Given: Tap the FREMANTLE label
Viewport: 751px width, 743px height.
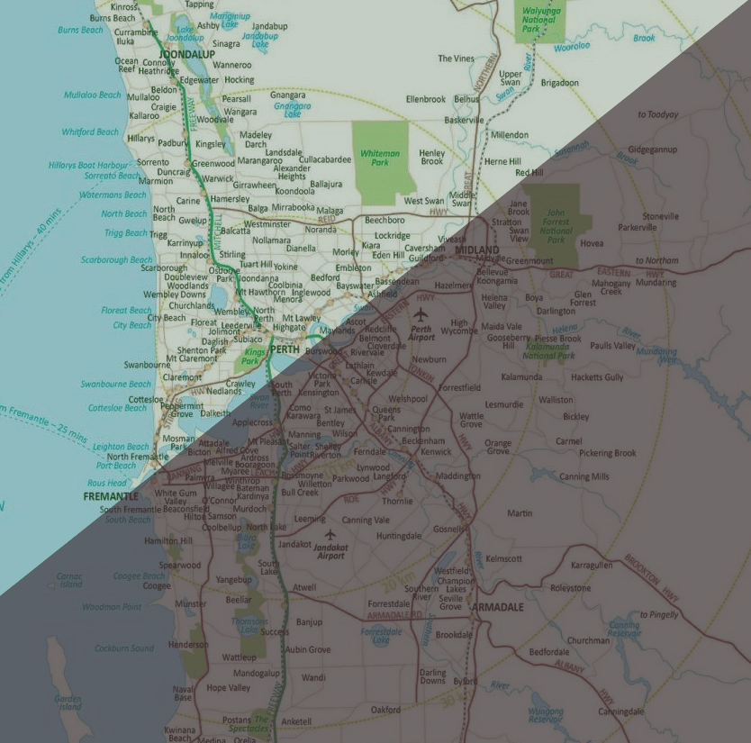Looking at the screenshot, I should [x=111, y=496].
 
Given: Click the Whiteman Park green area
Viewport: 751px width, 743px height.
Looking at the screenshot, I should [x=379, y=158].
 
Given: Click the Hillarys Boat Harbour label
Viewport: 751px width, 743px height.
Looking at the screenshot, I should [x=88, y=165].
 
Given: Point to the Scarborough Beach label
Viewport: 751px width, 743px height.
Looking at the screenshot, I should [x=116, y=260].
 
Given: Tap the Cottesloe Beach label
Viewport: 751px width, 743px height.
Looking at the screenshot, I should [x=117, y=408].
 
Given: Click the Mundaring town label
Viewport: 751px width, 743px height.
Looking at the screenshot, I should [x=656, y=282].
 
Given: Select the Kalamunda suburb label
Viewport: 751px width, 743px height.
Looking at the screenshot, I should [x=521, y=377].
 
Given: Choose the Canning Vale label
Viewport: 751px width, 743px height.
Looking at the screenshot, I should [x=366, y=520].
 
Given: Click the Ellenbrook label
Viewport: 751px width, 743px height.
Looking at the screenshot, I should [x=426, y=99].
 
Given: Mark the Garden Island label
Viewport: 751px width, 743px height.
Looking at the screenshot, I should [x=68, y=703].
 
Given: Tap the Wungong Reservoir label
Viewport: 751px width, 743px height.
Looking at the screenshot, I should [x=545, y=715].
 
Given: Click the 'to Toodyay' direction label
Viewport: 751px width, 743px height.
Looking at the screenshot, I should [x=657, y=114].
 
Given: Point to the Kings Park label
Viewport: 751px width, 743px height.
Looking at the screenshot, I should [x=255, y=356].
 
